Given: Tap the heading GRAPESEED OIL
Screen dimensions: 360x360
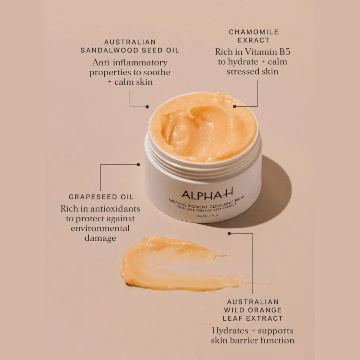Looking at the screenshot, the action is tap(101, 197).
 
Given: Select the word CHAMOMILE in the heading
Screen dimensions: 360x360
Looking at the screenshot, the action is tap(254, 32).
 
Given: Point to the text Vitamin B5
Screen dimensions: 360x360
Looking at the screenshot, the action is tap(268, 52).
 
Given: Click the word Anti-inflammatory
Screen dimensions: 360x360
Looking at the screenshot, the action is tap(130, 62).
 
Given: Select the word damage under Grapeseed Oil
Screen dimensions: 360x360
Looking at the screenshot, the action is tap(100, 238).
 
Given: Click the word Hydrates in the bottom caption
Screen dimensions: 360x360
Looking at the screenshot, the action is tap(230, 331).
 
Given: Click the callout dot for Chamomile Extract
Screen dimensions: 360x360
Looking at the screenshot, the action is tap(235, 107).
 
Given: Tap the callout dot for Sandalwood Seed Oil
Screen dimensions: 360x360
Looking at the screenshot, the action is tap(147, 107).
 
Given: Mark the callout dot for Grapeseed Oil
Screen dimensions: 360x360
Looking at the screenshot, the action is tap(138, 165).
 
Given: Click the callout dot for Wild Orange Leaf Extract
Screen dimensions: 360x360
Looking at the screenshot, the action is tap(229, 234).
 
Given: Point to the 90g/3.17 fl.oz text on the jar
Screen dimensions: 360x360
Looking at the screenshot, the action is tap(207, 216).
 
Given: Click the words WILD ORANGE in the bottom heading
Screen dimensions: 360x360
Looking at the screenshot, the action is tap(253, 310).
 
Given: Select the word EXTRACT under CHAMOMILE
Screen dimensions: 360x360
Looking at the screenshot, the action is tap(254, 40).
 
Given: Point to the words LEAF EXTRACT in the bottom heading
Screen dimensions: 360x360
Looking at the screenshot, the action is tap(253, 318).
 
